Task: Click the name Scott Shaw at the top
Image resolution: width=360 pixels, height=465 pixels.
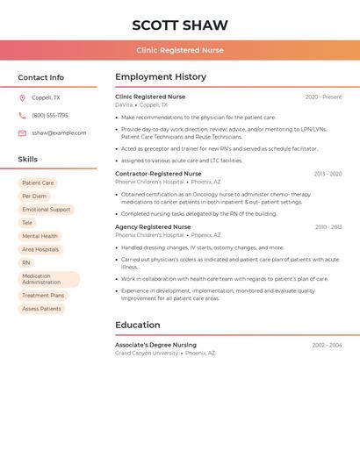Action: coord(179,25)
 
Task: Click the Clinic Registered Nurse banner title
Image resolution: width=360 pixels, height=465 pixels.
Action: coord(179,51)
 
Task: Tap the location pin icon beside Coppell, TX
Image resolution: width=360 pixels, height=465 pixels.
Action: coord(22,98)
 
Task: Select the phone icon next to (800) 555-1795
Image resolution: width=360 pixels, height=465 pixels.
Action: coord(22,116)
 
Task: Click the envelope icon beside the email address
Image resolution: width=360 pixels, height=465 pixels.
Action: coord(22,133)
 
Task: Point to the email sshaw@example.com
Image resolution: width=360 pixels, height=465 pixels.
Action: coord(59,133)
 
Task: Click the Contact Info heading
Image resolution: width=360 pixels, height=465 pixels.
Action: coord(40,77)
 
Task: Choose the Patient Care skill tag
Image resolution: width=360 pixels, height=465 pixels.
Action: coord(38,183)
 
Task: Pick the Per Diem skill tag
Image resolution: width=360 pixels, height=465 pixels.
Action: coord(34,197)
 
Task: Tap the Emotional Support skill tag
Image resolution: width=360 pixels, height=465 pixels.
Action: coord(46,210)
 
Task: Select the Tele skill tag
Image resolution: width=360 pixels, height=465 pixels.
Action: coord(27,223)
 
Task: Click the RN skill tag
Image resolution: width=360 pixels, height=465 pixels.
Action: coord(26,262)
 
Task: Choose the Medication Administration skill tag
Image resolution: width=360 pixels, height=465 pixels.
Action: coord(48,279)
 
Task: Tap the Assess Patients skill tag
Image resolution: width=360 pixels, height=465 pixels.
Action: coord(41,309)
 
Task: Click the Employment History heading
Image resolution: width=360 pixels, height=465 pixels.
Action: coord(161,77)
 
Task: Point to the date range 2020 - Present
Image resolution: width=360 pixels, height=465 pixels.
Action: coord(323,97)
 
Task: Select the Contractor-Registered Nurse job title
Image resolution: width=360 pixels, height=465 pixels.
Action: coord(158,174)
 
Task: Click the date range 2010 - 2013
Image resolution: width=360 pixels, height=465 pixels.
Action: coord(328,227)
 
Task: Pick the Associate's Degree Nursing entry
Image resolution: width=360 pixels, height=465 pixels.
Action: coord(155,345)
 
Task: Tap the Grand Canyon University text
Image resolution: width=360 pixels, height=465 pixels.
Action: coord(146,354)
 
